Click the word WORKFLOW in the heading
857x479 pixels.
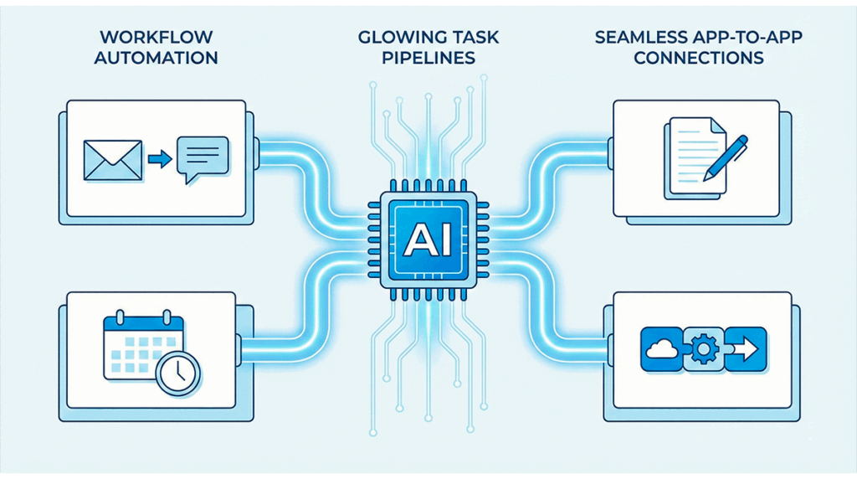155,37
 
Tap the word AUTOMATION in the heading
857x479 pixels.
155,58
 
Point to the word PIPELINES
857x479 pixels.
428,58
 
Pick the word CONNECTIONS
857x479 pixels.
699,58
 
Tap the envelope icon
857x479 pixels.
111,158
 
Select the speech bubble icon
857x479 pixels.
203,157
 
